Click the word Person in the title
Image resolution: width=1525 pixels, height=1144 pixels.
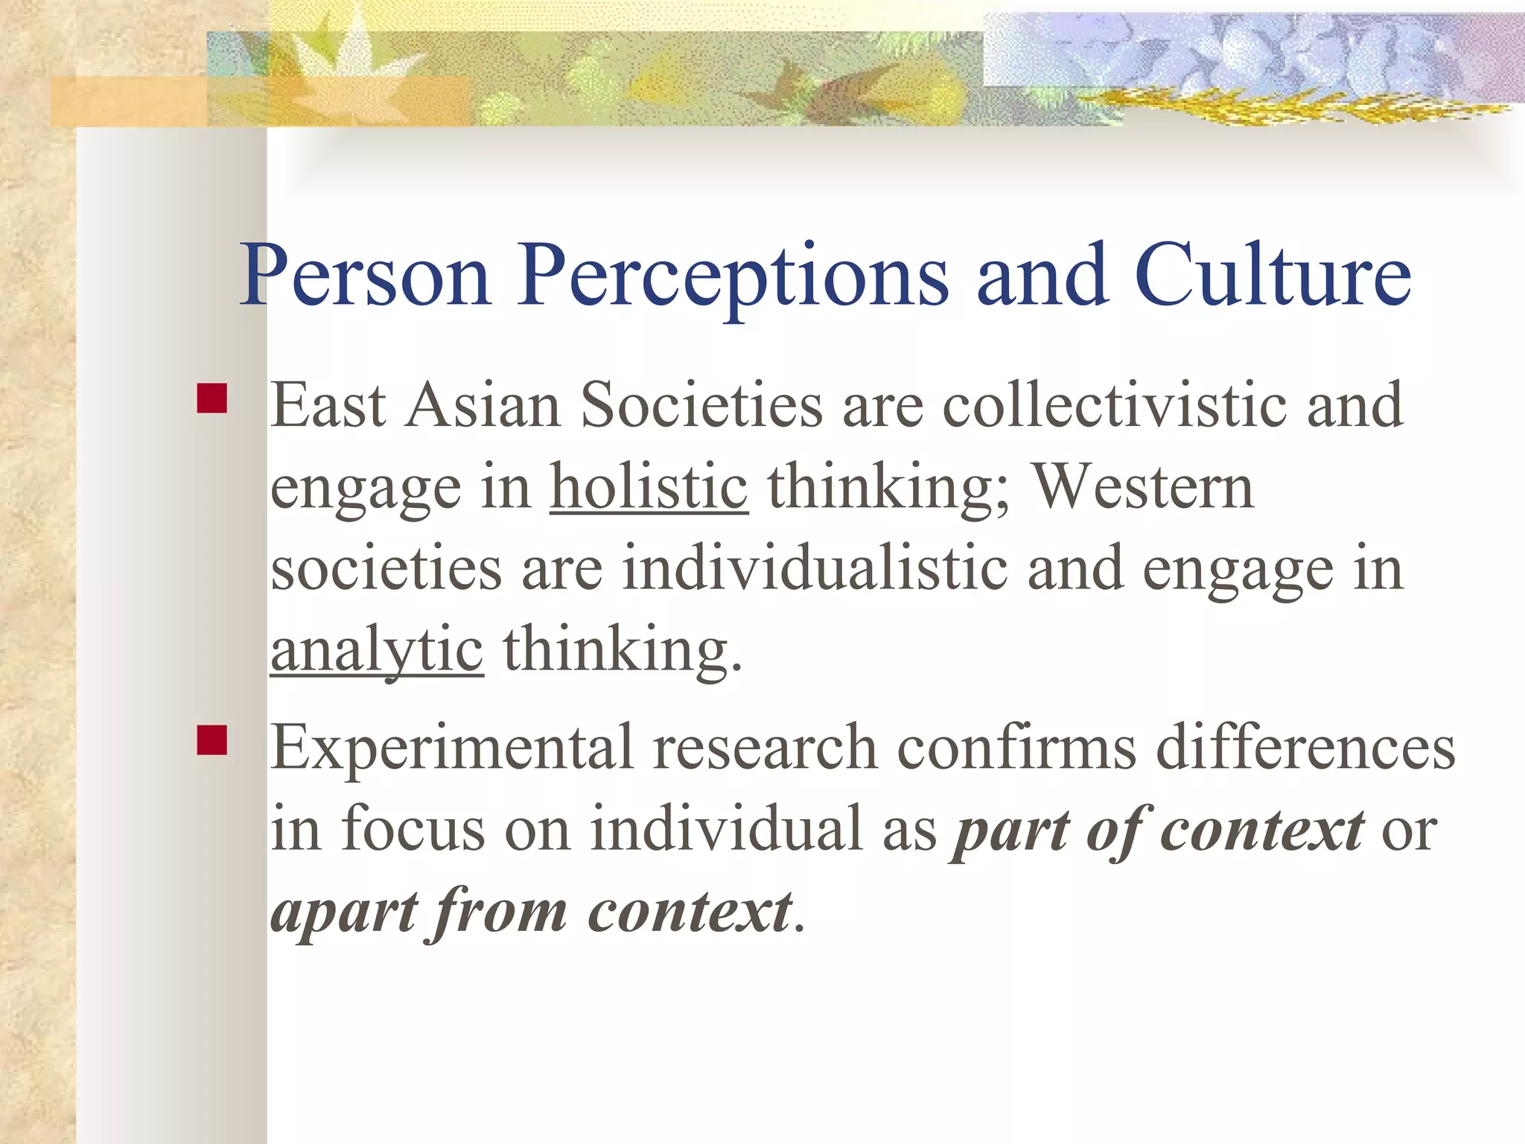365,276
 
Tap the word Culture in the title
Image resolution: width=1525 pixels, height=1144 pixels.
1273,276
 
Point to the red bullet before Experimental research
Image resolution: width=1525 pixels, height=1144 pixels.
212,740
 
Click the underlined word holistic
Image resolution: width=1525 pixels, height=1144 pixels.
649,488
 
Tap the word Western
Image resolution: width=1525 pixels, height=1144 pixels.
1144,488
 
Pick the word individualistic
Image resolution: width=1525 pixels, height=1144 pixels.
815,569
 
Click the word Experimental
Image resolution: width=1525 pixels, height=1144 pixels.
451,749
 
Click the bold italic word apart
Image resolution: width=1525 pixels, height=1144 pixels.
345,912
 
